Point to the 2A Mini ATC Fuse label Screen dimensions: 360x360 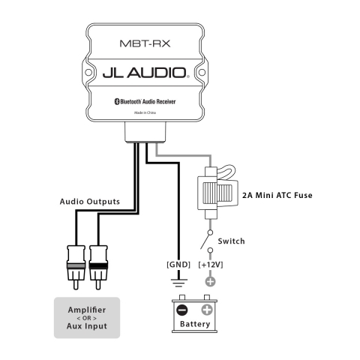(x=277, y=196)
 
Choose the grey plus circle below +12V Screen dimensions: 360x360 (x=210, y=282)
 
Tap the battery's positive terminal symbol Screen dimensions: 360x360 (x=208, y=309)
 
